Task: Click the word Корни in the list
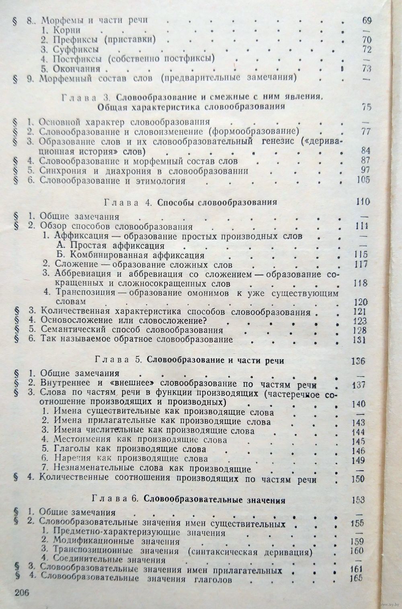pos(67,30)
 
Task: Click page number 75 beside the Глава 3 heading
pos(366,107)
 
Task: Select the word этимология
pos(164,181)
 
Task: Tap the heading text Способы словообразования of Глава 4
pos(217,202)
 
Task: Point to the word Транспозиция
pos(80,293)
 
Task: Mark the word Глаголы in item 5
pos(70,449)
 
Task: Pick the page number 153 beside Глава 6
pos(357,500)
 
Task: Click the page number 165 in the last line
pos(356,578)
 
